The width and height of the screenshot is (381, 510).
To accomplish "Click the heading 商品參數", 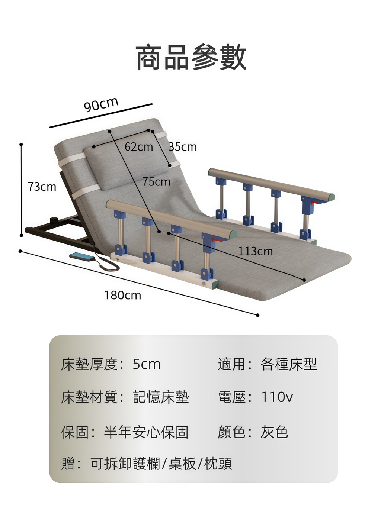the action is (191, 57).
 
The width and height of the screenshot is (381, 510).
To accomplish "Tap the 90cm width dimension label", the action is (101, 104).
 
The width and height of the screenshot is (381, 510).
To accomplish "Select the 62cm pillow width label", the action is (139, 147).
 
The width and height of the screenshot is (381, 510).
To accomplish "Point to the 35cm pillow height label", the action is (182, 147).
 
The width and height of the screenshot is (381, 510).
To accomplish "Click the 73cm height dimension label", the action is (42, 187).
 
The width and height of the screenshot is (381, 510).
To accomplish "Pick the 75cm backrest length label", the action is (156, 182).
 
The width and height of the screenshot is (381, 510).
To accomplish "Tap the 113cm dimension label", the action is (255, 251).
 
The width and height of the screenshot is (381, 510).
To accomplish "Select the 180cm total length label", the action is (122, 295).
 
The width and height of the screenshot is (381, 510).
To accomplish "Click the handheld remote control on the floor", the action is (82, 256).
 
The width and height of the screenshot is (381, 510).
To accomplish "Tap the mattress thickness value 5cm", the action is (147, 364).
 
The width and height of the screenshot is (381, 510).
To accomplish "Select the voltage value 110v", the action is (276, 397).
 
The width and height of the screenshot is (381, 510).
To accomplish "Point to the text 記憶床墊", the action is (161, 397).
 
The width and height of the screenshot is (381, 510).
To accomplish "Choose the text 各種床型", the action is (288, 364).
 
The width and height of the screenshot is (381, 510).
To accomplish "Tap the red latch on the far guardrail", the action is (317, 203).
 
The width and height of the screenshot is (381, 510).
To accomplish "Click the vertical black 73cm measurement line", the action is (21, 190).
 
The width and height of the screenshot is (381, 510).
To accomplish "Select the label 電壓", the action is (232, 397).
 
